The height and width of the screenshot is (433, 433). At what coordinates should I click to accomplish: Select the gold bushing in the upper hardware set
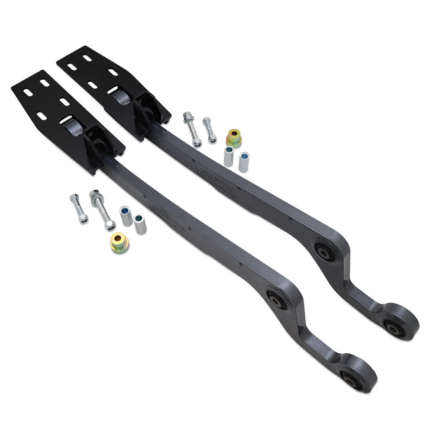click(234, 137)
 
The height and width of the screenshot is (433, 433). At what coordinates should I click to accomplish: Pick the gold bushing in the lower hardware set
click(119, 242)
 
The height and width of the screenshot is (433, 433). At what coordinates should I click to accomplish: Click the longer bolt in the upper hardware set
click(192, 129)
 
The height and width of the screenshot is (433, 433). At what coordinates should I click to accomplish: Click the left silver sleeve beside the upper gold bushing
click(228, 157)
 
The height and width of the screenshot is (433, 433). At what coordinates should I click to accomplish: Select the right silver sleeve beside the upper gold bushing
click(244, 161)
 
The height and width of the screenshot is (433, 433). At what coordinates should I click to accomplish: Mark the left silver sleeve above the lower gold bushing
click(126, 215)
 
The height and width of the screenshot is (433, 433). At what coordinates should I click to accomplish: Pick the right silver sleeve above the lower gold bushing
click(140, 223)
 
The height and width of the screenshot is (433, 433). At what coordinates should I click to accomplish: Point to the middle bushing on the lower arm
click(276, 300)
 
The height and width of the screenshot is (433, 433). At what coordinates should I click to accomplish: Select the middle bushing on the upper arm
click(323, 250)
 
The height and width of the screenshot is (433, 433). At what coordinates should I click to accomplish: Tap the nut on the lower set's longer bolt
click(110, 224)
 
